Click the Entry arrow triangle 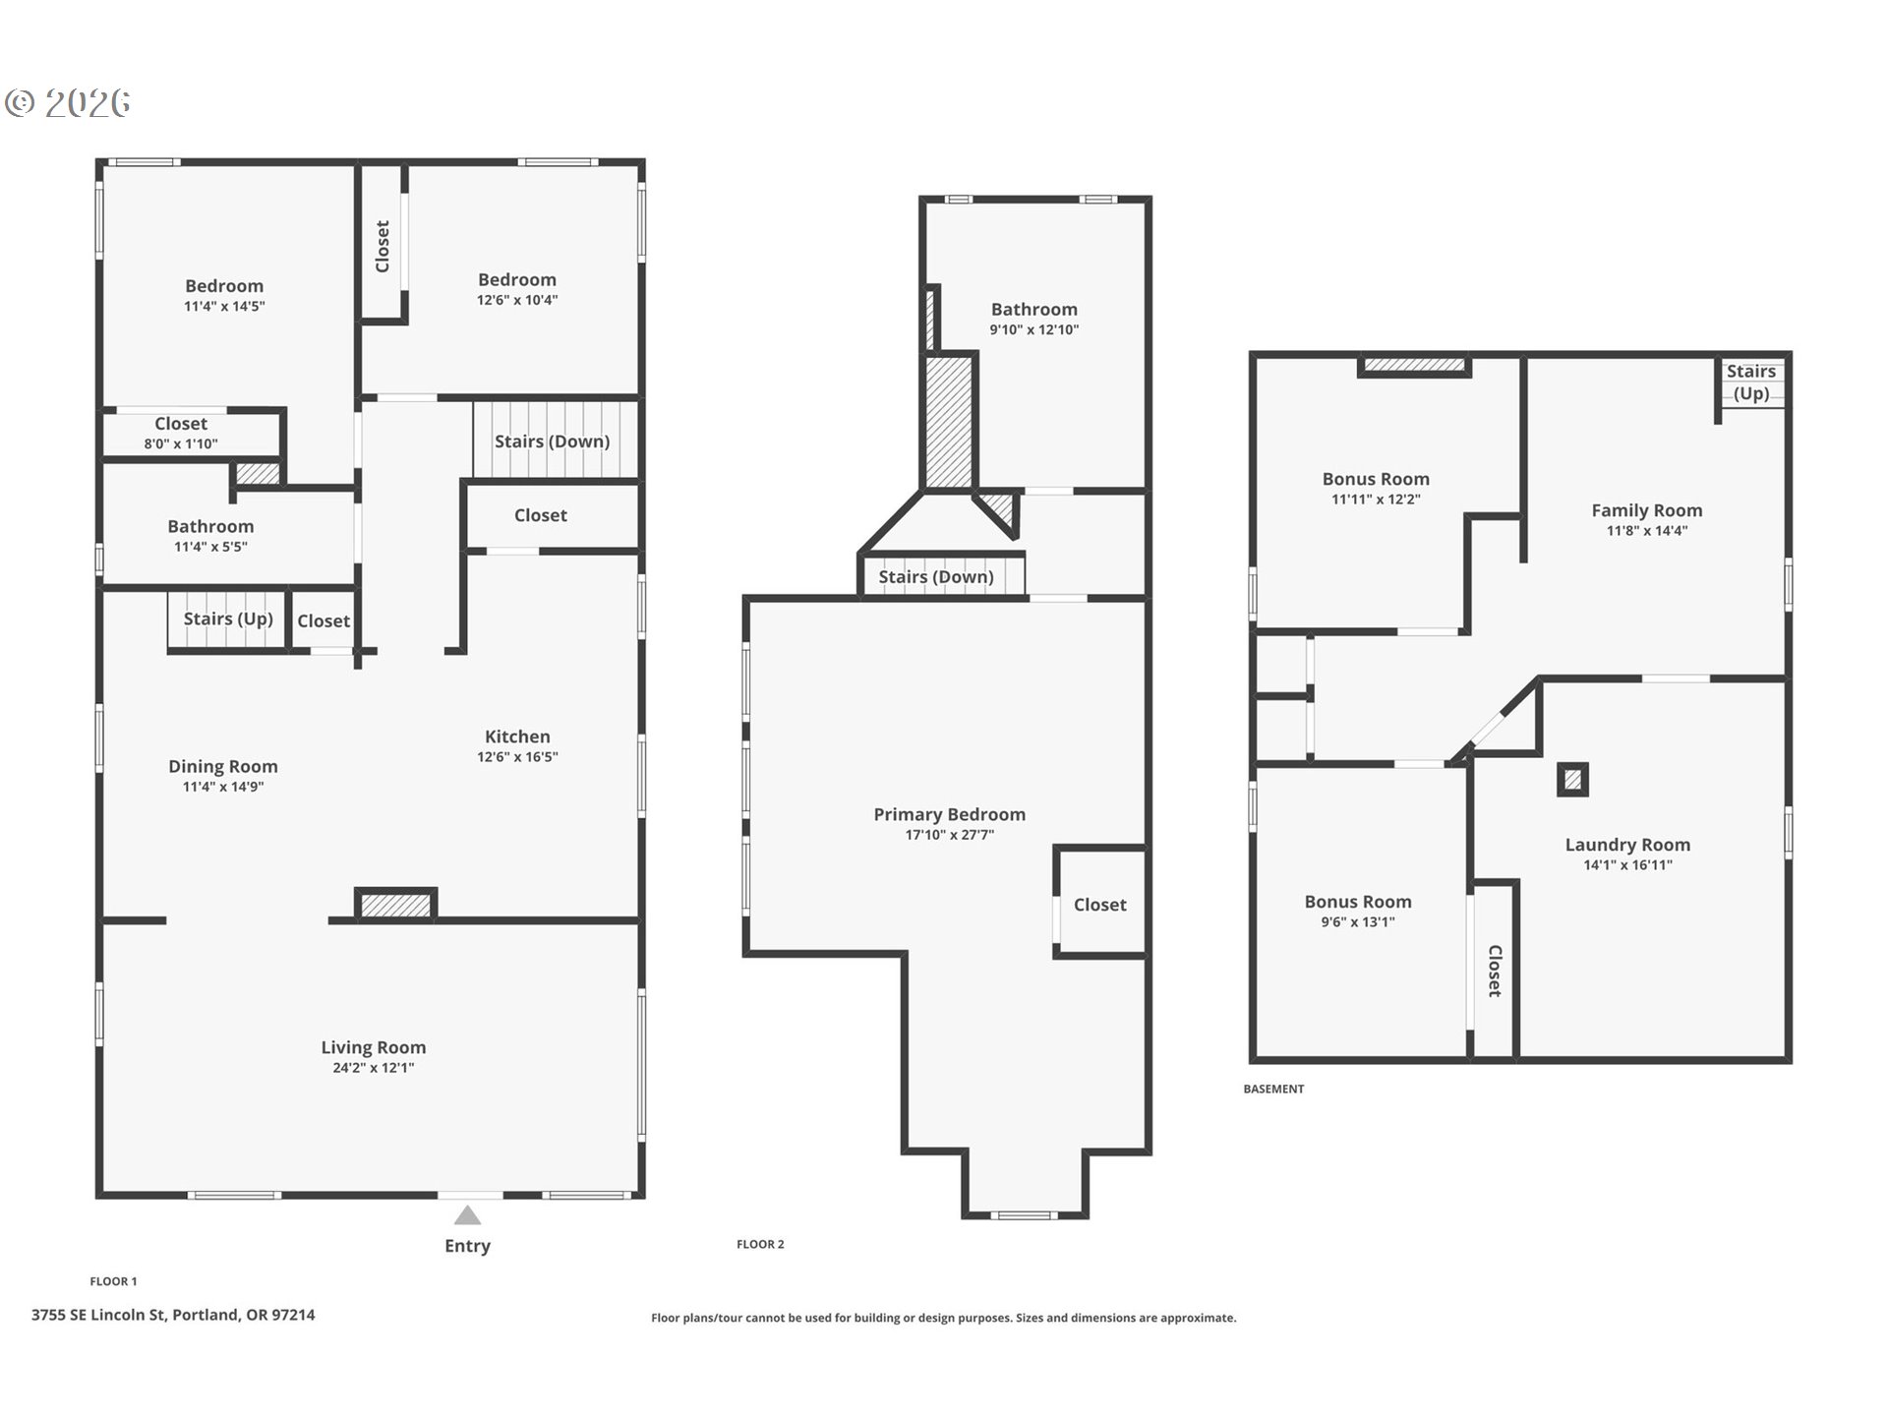click(x=468, y=1215)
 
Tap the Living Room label click(x=374, y=1047)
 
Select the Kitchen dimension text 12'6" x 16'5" click(x=517, y=757)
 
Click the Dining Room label click(x=223, y=766)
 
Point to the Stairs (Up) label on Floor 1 click(x=228, y=619)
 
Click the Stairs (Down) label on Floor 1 click(x=552, y=442)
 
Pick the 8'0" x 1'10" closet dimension click(x=181, y=443)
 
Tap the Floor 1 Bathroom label click(x=210, y=526)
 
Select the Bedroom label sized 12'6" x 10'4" click(x=517, y=279)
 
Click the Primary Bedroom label click(x=950, y=814)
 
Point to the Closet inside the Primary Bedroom click(x=1100, y=905)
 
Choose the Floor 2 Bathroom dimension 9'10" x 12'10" click(x=1034, y=330)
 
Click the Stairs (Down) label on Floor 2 click(x=936, y=577)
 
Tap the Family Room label click(x=1647, y=510)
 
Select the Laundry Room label click(x=1628, y=845)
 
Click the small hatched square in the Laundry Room click(x=1573, y=780)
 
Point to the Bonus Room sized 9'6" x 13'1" click(x=1358, y=902)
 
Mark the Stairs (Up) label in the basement click(x=1751, y=383)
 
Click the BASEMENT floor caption click(x=1273, y=1089)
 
